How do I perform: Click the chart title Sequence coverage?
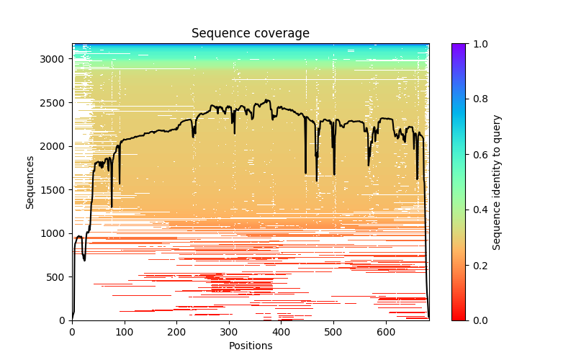250,34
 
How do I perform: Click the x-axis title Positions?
250,346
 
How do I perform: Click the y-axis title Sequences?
30,181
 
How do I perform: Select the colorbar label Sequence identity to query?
497,181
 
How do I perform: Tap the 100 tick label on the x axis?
124,332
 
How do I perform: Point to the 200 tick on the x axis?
176,332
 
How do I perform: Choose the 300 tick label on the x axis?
229,332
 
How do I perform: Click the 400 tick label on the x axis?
281,332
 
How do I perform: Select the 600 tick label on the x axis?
386,332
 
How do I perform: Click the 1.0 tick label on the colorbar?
480,44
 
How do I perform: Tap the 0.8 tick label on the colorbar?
480,99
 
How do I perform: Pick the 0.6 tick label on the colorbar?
480,155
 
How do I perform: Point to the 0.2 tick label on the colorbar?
480,265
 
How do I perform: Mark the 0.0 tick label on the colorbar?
480,320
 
